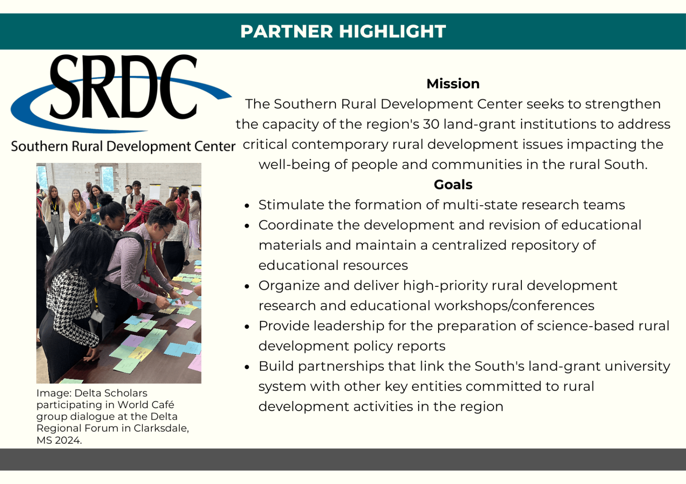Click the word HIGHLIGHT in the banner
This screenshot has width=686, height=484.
tap(392, 31)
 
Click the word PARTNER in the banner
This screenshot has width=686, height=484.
tap(287, 31)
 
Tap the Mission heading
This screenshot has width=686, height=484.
tap(453, 84)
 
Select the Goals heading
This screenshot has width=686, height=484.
tap(453, 185)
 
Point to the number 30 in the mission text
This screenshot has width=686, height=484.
tap(431, 124)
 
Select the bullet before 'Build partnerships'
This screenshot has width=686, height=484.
tap(247, 367)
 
